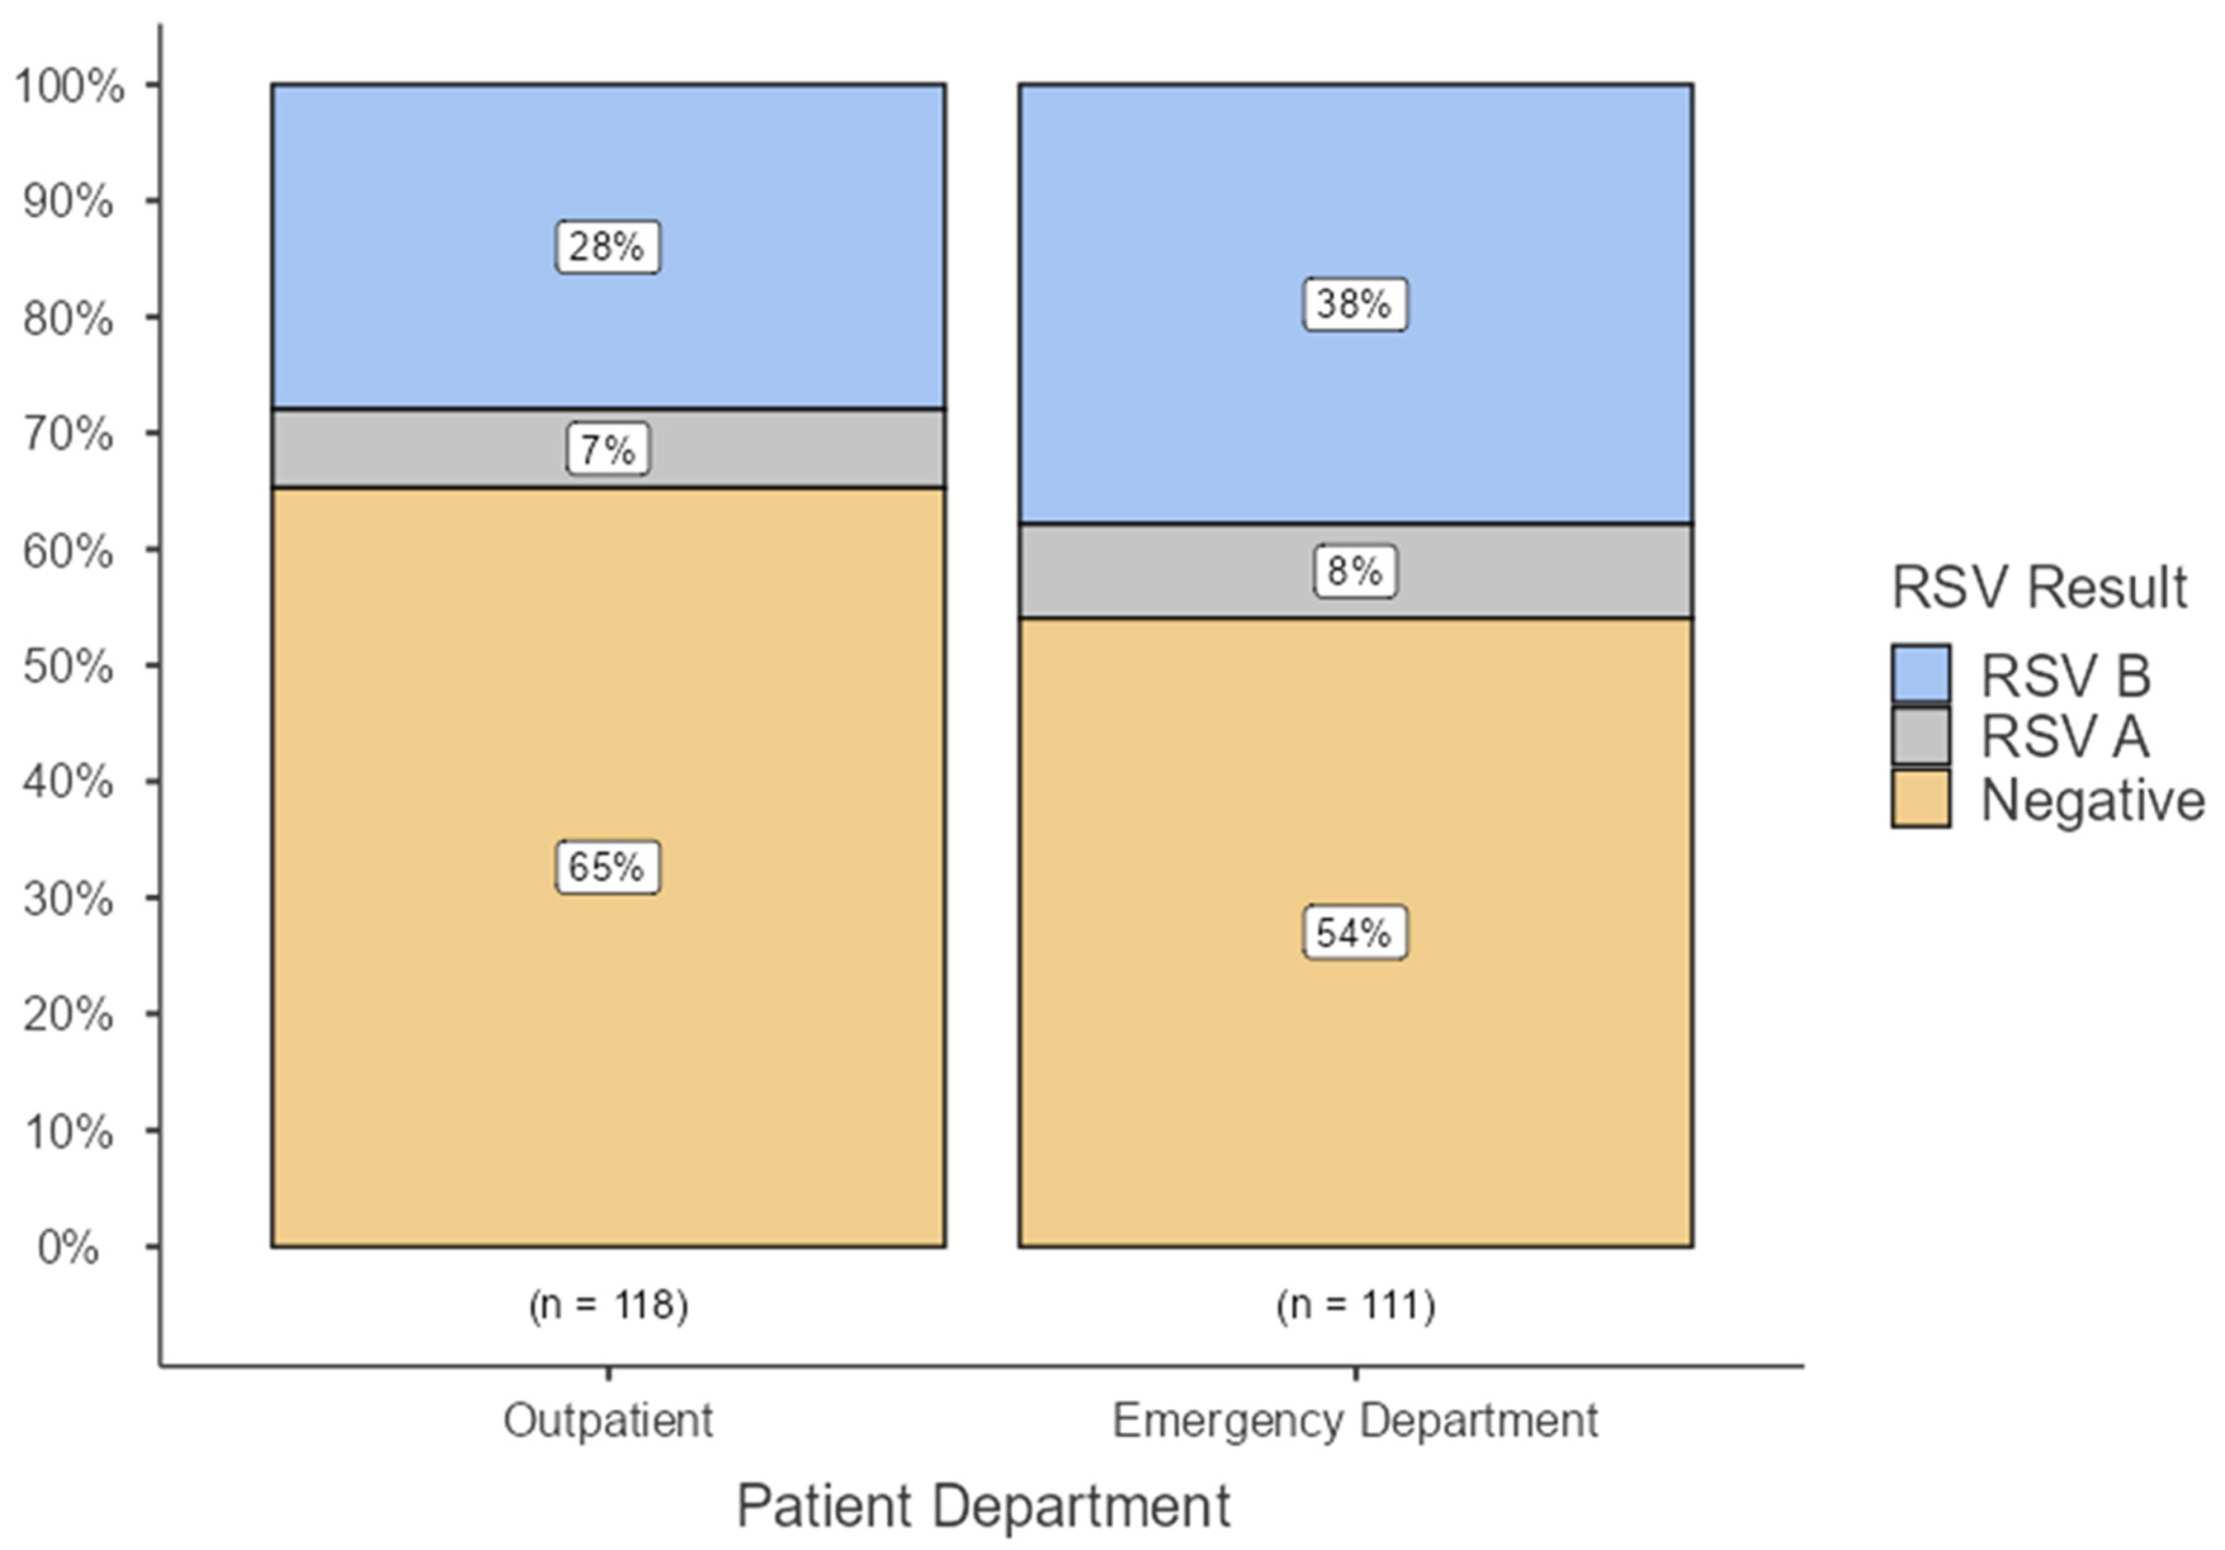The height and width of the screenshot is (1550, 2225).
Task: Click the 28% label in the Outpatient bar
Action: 607,247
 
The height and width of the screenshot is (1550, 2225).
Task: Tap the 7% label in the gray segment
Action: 607,450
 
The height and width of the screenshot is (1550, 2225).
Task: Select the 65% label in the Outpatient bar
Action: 607,866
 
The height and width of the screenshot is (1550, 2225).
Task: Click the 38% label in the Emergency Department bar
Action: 1354,304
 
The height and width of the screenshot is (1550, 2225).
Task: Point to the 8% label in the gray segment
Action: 1354,571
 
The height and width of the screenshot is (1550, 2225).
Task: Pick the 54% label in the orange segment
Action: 1354,932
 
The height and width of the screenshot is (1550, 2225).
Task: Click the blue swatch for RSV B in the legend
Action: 1920,673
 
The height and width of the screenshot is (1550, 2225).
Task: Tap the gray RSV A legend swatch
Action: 1920,736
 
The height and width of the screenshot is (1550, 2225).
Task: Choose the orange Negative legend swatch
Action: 1920,798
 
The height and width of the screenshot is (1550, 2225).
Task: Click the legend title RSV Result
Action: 2039,587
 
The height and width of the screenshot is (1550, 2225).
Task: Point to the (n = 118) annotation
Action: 607,1305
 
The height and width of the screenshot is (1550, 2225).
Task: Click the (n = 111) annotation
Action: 1354,1305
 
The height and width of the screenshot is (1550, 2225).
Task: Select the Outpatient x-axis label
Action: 607,1421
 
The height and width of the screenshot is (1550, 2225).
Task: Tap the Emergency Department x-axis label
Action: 1354,1421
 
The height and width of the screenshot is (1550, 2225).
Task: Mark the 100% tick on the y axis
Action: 70,86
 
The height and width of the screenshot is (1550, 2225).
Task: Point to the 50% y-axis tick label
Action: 68,667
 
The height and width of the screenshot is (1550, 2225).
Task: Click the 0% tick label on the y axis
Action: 68,1247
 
